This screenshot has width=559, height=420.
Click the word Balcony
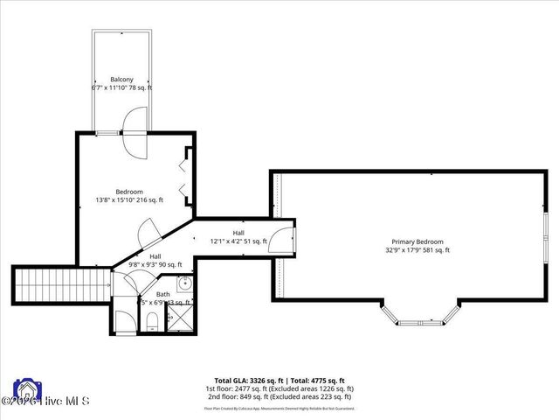click(121, 80)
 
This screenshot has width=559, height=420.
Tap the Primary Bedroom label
click(418, 241)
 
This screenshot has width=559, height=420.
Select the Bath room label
click(163, 294)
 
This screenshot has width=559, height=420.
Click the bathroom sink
click(184, 284)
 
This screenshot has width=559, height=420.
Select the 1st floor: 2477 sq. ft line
click(279, 388)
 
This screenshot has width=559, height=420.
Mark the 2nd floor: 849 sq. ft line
click(279, 395)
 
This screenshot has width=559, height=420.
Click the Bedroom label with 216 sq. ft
click(129, 192)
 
